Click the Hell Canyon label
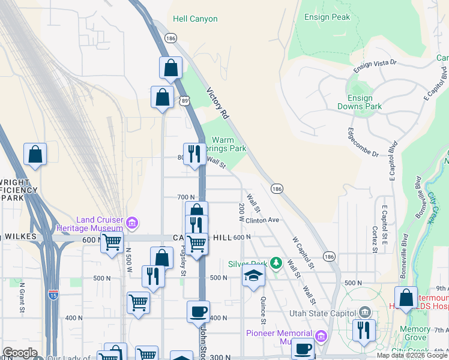pyautogui.click(x=195, y=19)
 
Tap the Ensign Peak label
pyautogui.click(x=327, y=17)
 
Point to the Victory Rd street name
pyautogui.click(x=217, y=103)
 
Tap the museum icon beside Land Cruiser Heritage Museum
pyautogui.click(x=131, y=224)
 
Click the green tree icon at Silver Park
pyautogui.click(x=276, y=263)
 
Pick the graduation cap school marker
pyautogui.click(x=253, y=276)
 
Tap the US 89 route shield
pyautogui.click(x=184, y=101)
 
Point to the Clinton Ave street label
pyautogui.click(x=263, y=220)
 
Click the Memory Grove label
pyautogui.click(x=415, y=334)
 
